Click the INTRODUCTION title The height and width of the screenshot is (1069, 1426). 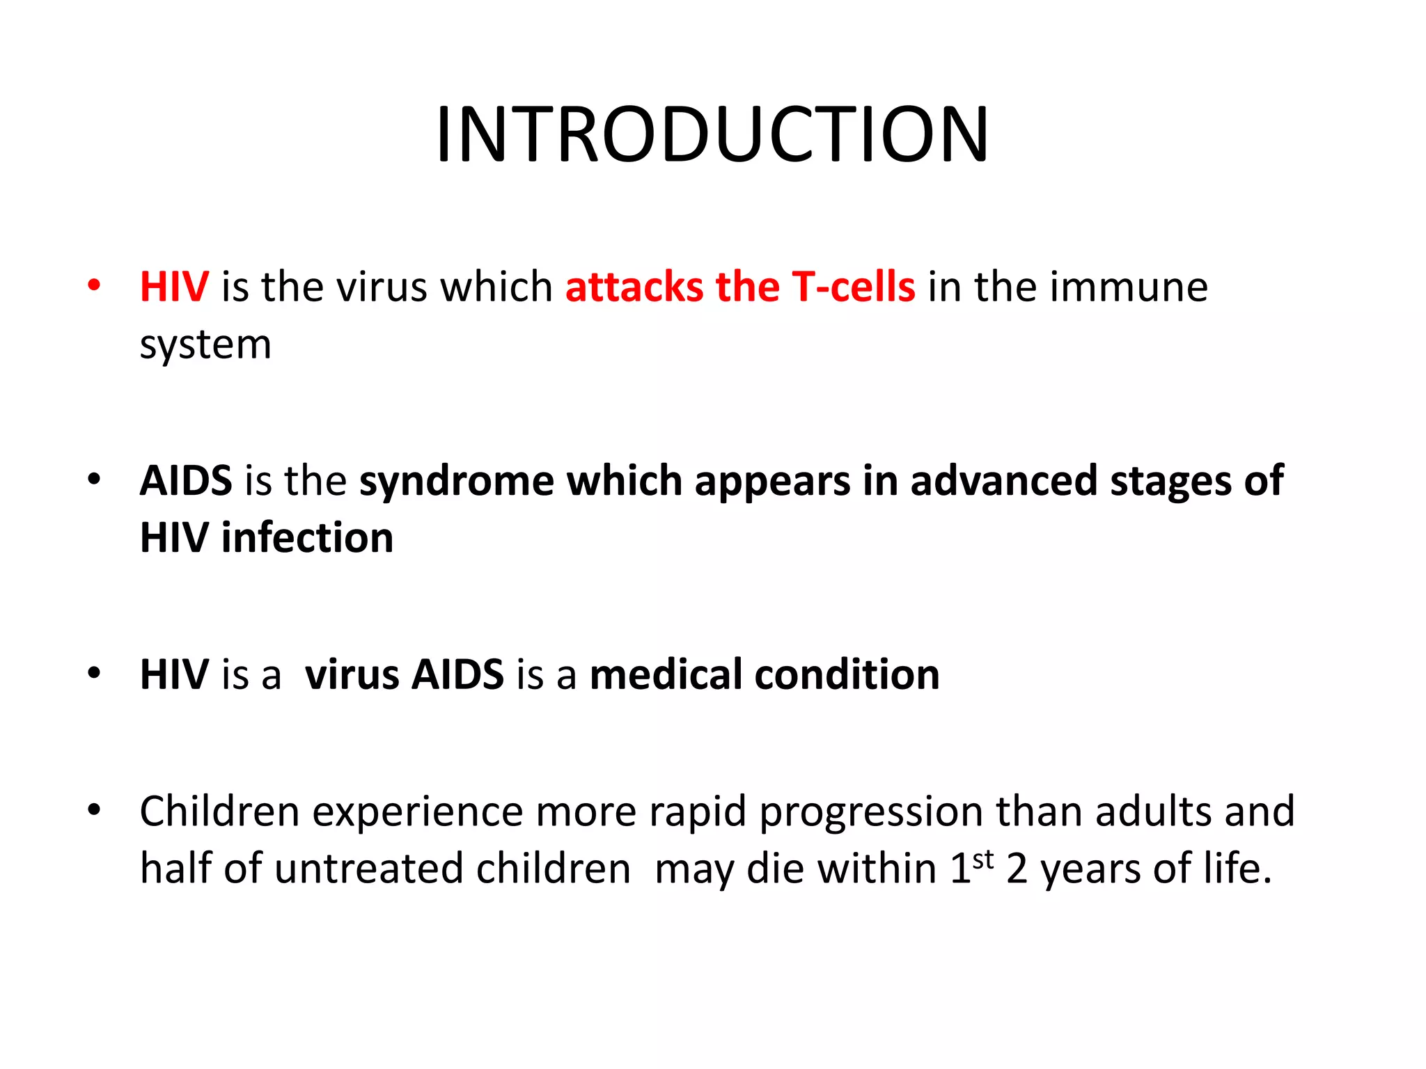coord(712,134)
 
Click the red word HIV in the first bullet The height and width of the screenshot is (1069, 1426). coord(174,286)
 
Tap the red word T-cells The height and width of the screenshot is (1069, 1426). coord(853,286)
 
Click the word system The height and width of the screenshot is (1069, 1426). coord(205,345)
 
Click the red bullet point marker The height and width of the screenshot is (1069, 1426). coord(94,285)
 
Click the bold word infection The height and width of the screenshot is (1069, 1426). coord(307,538)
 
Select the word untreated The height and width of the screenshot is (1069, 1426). coord(368,869)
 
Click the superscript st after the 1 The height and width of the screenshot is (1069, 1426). coord(982,860)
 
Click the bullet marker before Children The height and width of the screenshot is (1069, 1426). coord(94,810)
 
